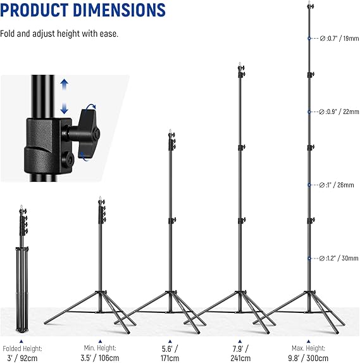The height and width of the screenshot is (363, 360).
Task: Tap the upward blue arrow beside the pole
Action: pos(65,84)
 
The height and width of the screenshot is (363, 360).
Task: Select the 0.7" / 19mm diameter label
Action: pos(339,39)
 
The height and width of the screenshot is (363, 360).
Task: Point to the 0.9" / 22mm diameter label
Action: pos(339,112)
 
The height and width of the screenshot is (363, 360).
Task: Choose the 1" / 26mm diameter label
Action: pos(337,185)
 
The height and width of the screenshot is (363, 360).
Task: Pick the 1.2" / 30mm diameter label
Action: pos(338,258)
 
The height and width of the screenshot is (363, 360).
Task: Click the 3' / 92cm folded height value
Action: pos(22,358)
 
